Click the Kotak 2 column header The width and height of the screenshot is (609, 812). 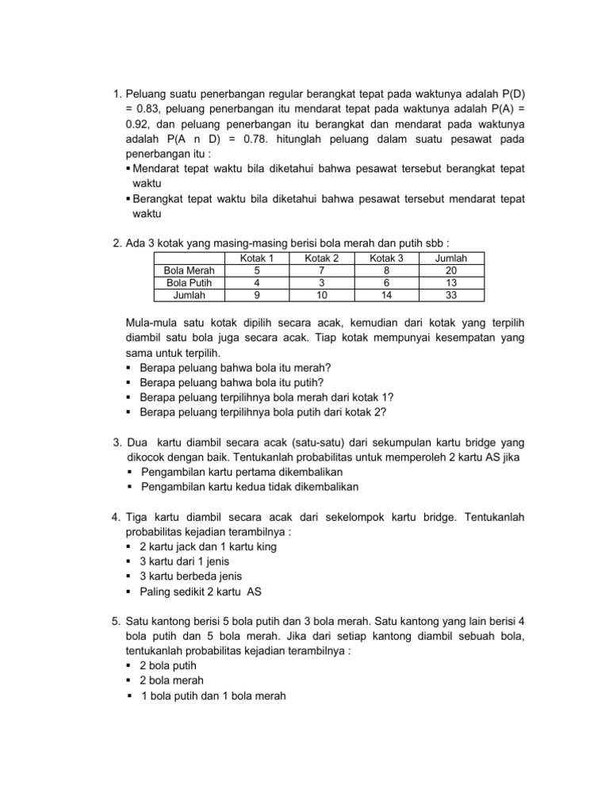[322, 259]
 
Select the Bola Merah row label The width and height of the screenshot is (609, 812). [184, 270]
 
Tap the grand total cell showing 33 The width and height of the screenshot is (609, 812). [451, 294]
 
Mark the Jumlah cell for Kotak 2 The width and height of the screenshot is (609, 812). [322, 294]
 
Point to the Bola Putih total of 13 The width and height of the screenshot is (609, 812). [451, 282]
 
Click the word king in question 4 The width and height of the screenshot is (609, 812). [264, 546]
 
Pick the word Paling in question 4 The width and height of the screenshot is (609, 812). [155, 591]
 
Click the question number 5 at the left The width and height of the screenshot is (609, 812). [115, 621]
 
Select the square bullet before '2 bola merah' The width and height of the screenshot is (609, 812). [129, 680]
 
